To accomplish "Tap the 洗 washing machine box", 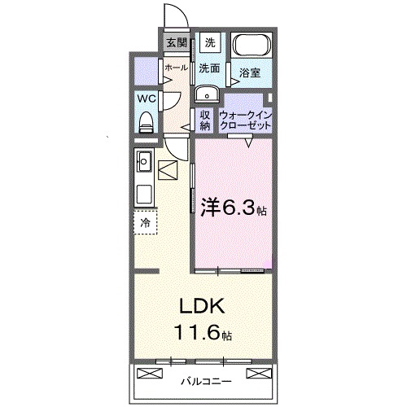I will (209, 43).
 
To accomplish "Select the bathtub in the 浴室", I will (252, 49).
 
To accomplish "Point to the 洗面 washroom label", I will (210, 68).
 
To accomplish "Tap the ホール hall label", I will (176, 68).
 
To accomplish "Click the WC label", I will (147, 98).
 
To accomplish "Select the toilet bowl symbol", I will (147, 121).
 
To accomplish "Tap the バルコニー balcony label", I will (205, 380).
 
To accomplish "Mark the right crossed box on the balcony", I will (257, 374).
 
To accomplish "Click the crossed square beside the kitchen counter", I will (169, 170).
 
